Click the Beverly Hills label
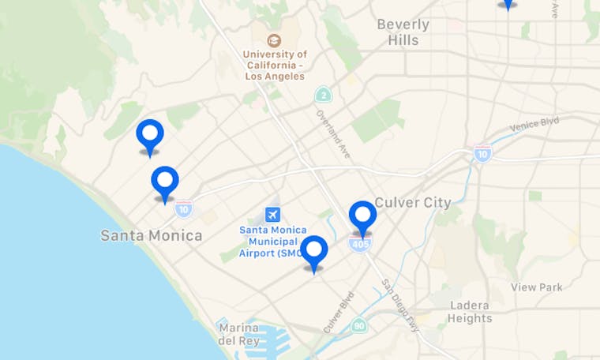[403, 32]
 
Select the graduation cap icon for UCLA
[274, 40]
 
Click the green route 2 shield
[322, 96]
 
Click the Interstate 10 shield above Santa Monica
[183, 209]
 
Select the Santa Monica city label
[151, 235]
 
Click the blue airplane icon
[273, 214]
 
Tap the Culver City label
[413, 202]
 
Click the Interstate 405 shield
[359, 245]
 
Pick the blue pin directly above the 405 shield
[362, 216]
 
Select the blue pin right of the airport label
[314, 252]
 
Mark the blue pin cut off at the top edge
[508, 3]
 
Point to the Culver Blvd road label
[338, 313]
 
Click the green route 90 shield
[359, 324]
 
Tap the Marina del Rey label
[238, 334]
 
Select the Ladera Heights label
[471, 312]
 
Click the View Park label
[537, 287]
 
